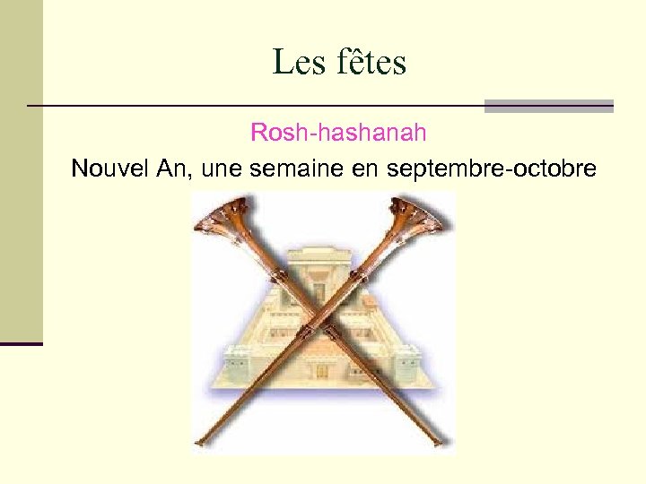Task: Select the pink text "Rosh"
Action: point(278,134)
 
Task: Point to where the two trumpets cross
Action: point(321,324)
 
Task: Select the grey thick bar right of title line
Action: point(548,106)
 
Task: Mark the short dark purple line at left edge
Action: point(22,343)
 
